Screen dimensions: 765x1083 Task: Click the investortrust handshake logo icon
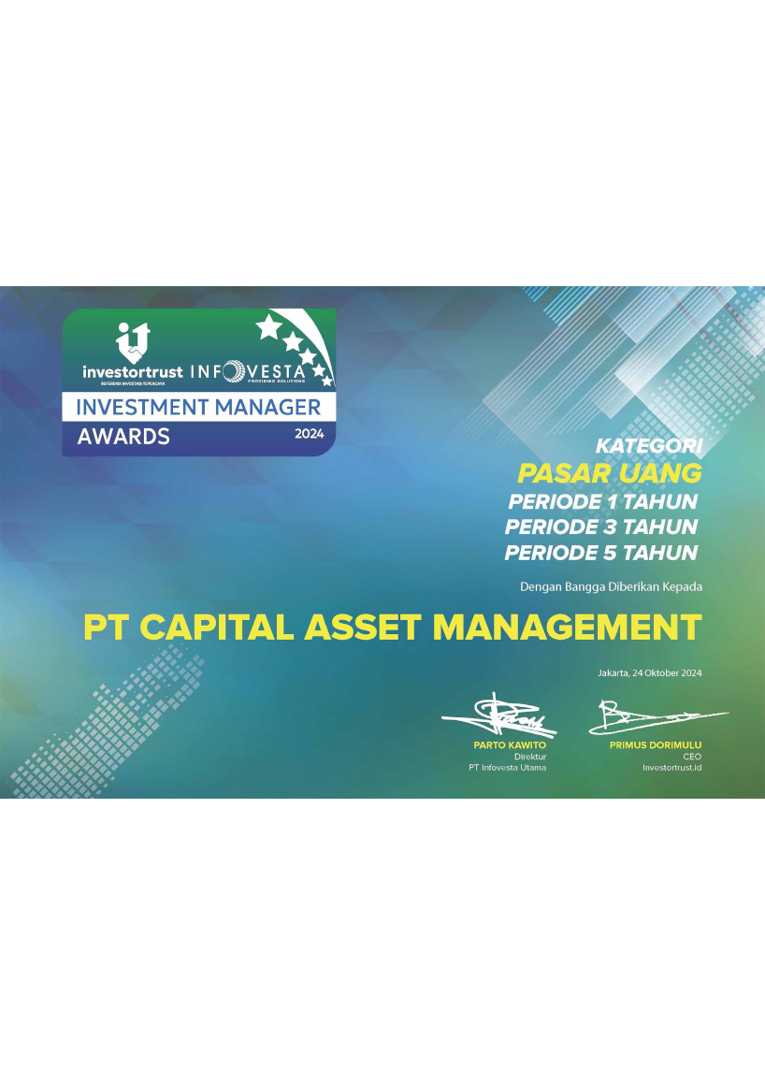[133, 342]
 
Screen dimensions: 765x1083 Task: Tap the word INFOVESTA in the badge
[247, 372]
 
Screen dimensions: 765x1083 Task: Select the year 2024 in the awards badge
[310, 435]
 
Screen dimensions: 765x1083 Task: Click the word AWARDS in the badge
[123, 437]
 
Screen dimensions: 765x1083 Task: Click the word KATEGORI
[649, 445]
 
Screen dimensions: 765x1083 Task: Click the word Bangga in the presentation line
[585, 587]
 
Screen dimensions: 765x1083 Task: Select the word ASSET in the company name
[363, 628]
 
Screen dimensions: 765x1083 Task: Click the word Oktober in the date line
[661, 672]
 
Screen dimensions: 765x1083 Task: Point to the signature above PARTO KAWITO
[499, 715]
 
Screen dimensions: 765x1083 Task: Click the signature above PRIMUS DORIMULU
[658, 717]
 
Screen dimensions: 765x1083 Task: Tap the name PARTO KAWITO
[510, 745]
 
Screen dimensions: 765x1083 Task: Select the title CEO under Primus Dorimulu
[692, 757]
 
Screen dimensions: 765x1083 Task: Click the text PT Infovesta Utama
[508, 767]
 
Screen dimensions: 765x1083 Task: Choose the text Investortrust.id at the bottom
[671, 767]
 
